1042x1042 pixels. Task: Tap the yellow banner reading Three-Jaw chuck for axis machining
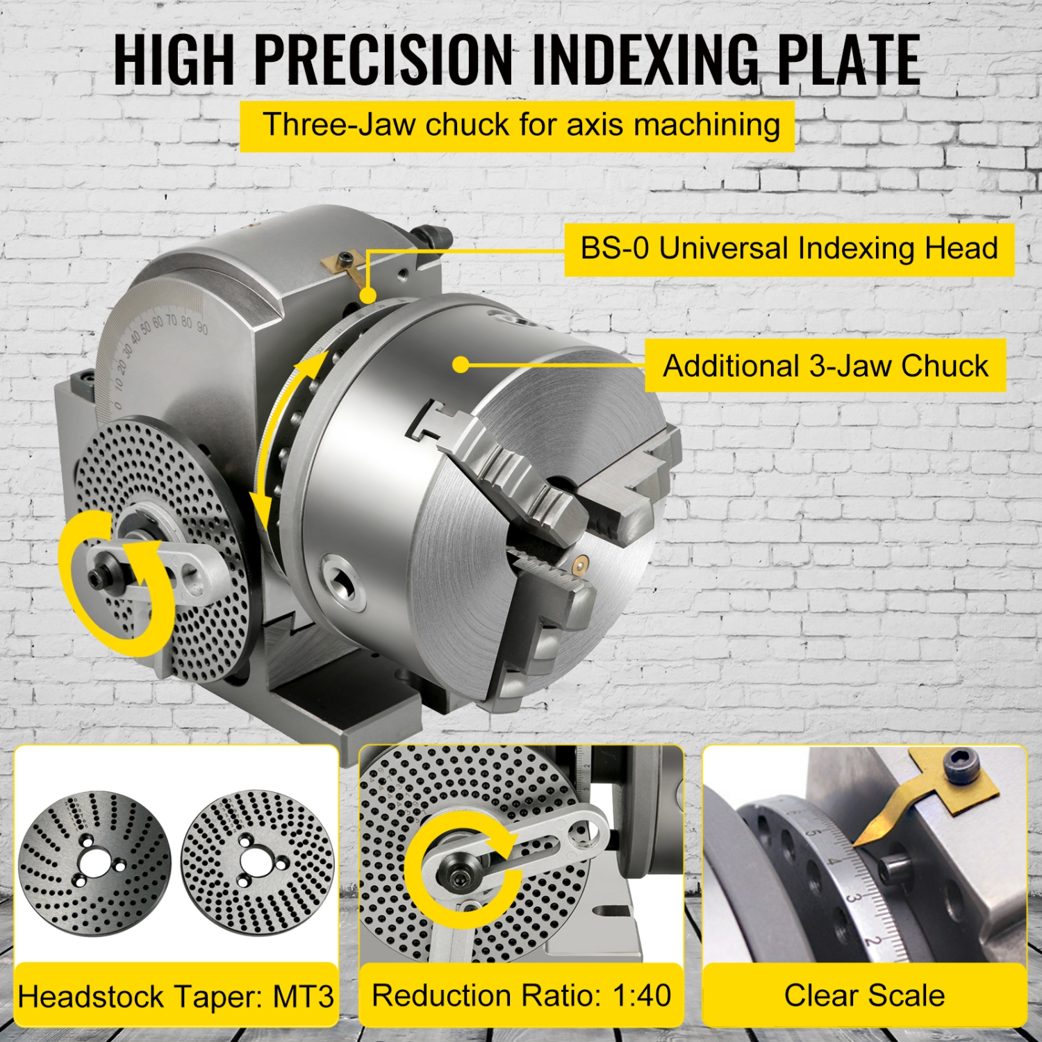[517, 126]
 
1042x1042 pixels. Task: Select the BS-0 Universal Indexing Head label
[788, 249]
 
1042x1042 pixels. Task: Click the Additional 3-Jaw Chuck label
[825, 365]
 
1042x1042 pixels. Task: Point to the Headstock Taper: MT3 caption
[176, 996]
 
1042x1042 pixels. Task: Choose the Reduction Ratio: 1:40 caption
[521, 995]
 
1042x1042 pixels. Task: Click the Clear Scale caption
[864, 995]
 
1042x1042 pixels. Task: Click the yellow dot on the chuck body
[460, 364]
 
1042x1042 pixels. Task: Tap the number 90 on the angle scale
[201, 327]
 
